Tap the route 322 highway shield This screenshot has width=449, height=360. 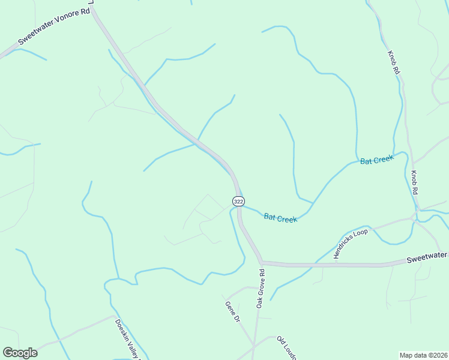click(x=238, y=201)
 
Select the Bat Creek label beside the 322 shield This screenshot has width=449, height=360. click(x=280, y=217)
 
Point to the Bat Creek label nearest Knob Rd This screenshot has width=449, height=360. click(x=376, y=160)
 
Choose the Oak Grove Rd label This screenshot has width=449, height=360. click(x=261, y=288)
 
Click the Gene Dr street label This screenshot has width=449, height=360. click(x=232, y=311)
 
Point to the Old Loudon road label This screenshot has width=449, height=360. click(x=287, y=348)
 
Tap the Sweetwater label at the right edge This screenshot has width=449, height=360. click(x=427, y=257)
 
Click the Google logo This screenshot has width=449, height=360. click(x=20, y=353)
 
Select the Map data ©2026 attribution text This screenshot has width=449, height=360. click(x=423, y=355)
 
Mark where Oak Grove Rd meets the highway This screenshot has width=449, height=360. click(x=262, y=263)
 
